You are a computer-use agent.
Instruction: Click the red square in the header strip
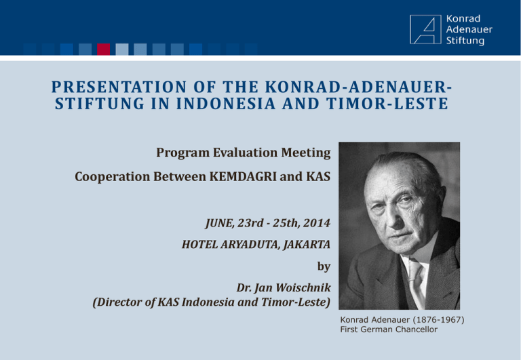point(103,49)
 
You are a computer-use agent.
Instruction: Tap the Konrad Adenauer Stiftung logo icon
point(425,29)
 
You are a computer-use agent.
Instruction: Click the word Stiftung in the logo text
point(465,41)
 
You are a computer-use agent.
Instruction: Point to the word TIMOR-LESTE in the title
point(387,103)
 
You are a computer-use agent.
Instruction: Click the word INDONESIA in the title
point(226,103)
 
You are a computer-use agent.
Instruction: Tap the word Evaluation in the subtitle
point(245,153)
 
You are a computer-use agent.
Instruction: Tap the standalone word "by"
point(324,266)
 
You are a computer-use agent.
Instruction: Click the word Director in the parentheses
point(119,302)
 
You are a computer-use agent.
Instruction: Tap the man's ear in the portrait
point(440,203)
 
